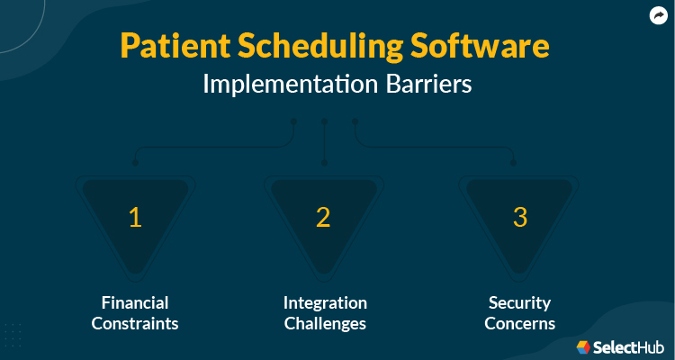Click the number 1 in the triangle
tap(135, 217)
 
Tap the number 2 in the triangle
tap(323, 217)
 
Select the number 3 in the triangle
tap(519, 217)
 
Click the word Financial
tap(135, 302)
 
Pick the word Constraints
tap(135, 323)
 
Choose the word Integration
tap(325, 302)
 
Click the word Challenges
tap(325, 323)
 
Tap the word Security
tap(519, 302)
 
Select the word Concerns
tap(519, 323)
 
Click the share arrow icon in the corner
tap(658, 15)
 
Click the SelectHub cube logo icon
tap(583, 346)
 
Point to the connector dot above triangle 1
tap(135, 163)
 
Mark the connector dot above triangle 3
tap(515, 163)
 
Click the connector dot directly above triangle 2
tap(324, 163)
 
